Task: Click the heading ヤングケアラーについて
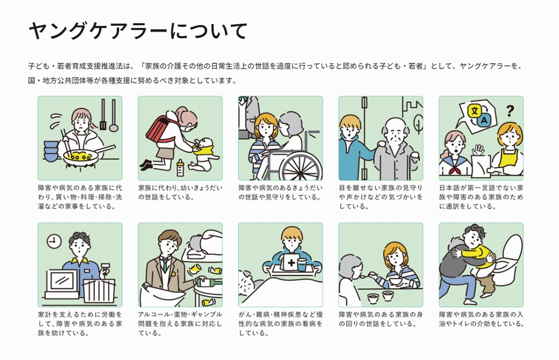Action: (x=137, y=30)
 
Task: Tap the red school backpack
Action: (x=159, y=128)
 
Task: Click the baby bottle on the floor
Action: (x=180, y=168)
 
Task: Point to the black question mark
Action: (x=510, y=111)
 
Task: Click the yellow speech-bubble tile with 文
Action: (x=475, y=111)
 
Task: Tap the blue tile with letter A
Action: (x=484, y=120)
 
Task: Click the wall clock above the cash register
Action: (x=54, y=241)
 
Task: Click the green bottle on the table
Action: (x=210, y=283)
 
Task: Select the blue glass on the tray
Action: (x=301, y=265)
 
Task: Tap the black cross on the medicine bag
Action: (x=291, y=263)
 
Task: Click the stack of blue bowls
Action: (x=51, y=151)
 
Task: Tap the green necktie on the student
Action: (x=165, y=265)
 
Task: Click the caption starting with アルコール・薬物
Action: (x=180, y=324)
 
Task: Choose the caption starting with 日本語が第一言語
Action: (x=481, y=197)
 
